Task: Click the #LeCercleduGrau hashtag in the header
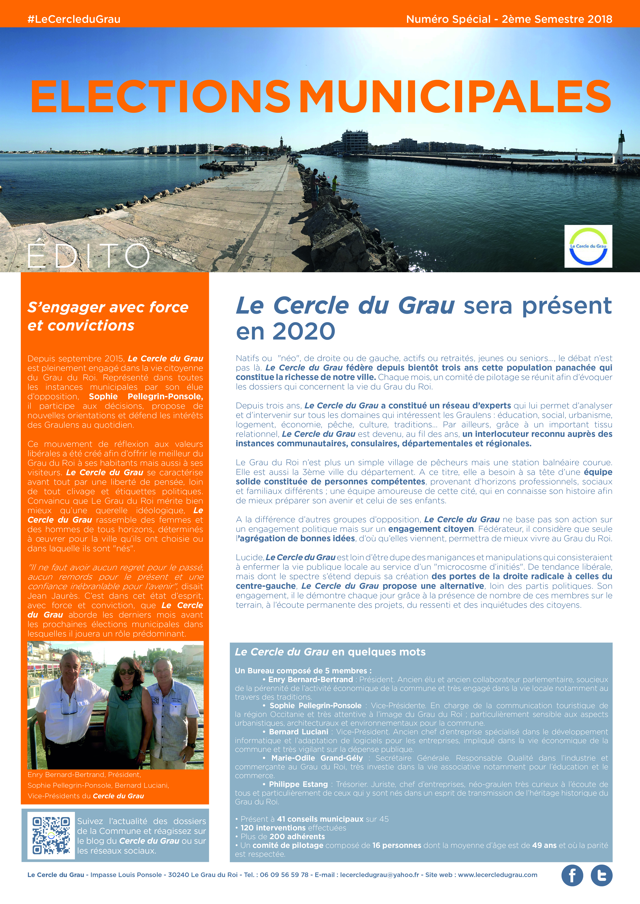click(x=74, y=19)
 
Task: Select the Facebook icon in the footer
click(x=572, y=876)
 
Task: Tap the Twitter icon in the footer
click(x=601, y=876)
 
